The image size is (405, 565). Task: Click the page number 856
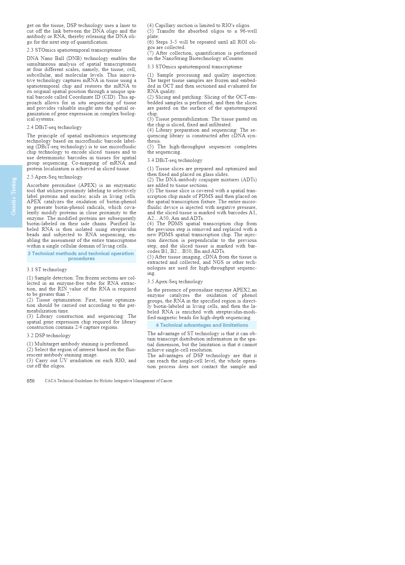point(31,381)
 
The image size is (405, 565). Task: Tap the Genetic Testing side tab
point(13,196)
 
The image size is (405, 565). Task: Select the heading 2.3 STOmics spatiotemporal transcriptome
point(74,50)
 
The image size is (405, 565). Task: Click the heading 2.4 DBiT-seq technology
point(54,127)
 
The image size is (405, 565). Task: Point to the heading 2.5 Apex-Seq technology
point(55,177)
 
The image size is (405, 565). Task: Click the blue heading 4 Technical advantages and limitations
point(202,325)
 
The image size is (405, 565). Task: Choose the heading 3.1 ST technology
point(47,270)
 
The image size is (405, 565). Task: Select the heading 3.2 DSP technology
point(49,335)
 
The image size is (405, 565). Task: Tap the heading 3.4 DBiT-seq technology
point(175,160)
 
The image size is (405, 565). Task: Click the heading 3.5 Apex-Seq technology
point(175,282)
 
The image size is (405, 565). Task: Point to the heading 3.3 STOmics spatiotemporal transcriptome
point(195,67)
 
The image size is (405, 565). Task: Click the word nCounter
point(233,59)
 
